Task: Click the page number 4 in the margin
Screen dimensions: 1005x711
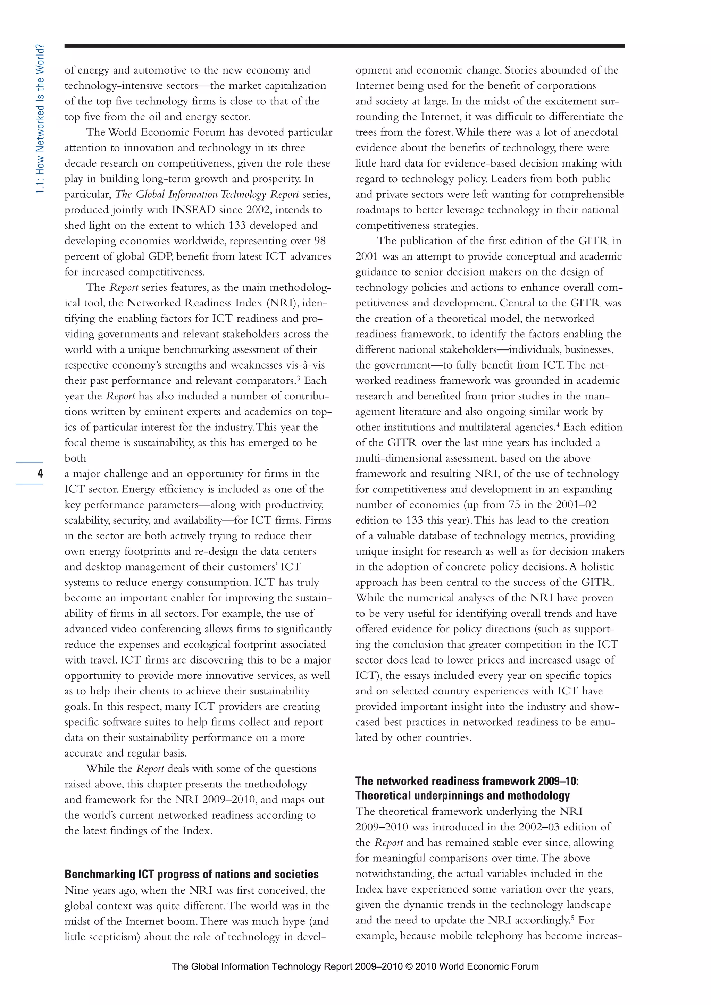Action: click(x=40, y=473)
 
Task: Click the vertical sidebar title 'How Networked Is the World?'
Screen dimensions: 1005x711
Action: click(x=40, y=119)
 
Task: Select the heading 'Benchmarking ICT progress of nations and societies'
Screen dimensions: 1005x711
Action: click(x=191, y=874)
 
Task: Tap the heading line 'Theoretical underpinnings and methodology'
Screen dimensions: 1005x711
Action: click(x=462, y=795)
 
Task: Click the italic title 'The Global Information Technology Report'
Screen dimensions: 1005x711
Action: click(x=207, y=194)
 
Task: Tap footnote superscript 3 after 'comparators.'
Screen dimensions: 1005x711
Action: click(x=299, y=377)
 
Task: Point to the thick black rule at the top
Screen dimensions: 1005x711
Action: click(x=344, y=45)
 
